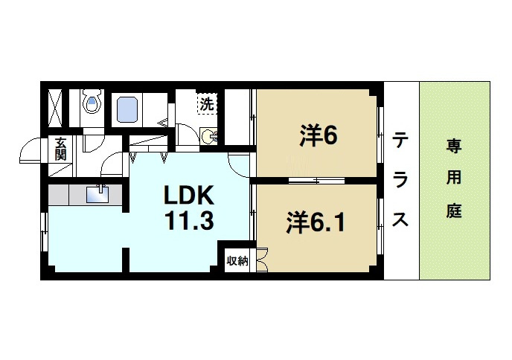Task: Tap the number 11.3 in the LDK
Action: [189, 221]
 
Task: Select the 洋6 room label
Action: [319, 135]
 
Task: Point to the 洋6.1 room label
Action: [316, 222]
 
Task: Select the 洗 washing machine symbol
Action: [205, 103]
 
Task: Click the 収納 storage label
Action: [237, 261]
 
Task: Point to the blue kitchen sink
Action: [97, 194]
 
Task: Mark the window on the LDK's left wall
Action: [45, 230]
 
